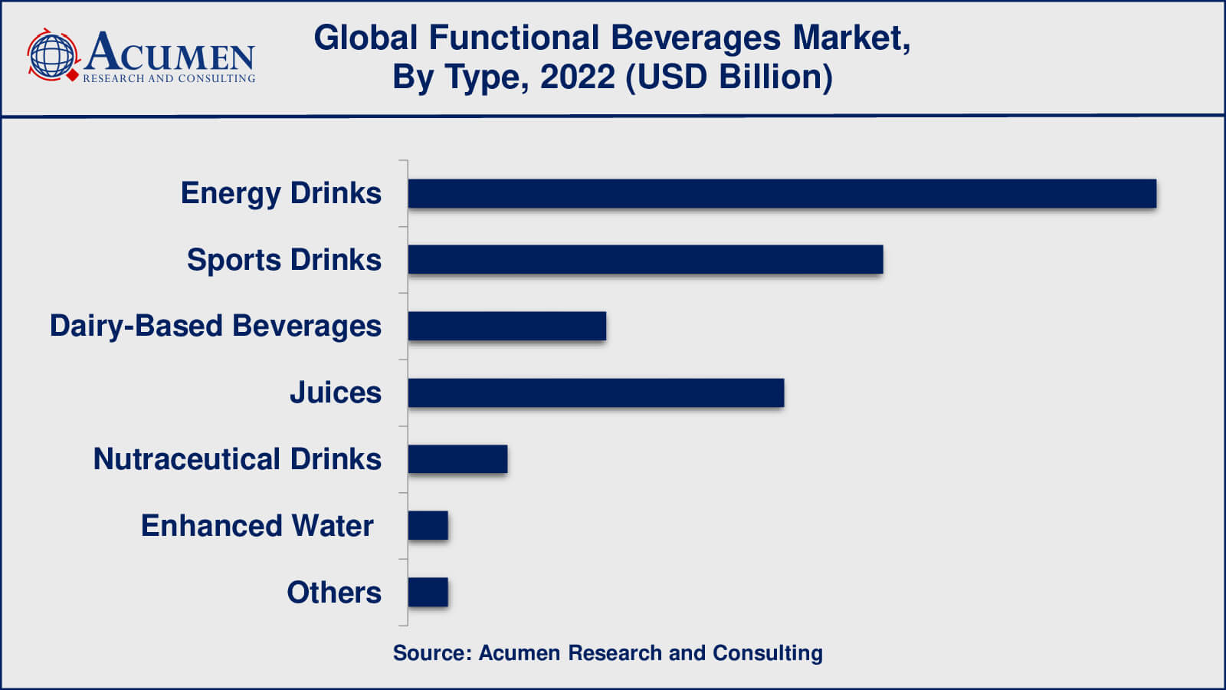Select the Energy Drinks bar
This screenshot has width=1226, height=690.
(782, 193)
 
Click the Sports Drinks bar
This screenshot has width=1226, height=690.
(645, 259)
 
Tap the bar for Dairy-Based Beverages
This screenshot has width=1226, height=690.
(506, 326)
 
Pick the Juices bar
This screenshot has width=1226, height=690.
(595, 393)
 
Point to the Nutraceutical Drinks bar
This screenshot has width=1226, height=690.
(457, 459)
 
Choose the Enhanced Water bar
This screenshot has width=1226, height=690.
(428, 526)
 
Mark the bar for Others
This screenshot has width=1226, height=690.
(428, 593)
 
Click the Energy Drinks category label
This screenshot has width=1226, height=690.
(280, 193)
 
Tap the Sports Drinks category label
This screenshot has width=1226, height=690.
(284, 260)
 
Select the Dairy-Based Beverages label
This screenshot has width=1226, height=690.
(215, 326)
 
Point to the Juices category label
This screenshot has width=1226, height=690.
(335, 393)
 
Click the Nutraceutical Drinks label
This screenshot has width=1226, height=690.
(237, 459)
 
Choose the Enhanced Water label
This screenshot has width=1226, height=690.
(257, 526)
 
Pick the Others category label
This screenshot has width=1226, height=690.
(333, 593)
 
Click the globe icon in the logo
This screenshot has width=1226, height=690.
(52, 55)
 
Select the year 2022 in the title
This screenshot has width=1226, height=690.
(577, 77)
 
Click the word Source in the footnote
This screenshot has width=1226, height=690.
(429, 653)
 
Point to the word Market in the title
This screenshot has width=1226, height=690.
(849, 38)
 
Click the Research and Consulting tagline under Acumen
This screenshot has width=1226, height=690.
(169, 78)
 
